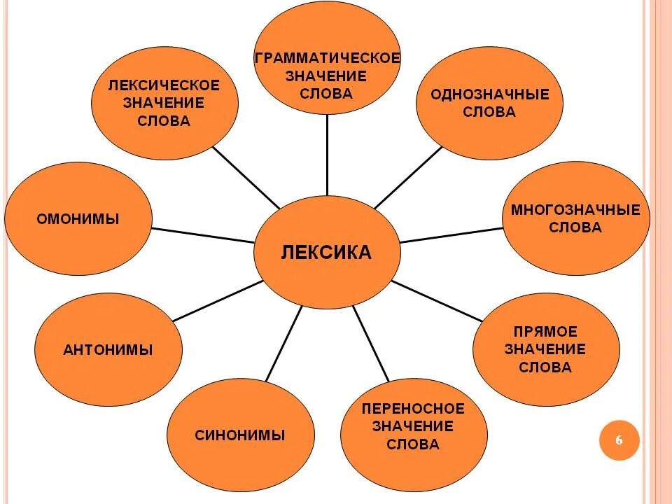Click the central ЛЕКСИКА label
pyautogui.click(x=326, y=253)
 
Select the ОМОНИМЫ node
pyautogui.click(x=78, y=219)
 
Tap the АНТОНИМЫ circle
pyautogui.click(x=108, y=350)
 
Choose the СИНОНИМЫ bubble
pyautogui.click(x=240, y=435)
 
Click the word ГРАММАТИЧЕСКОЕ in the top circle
pyautogui.click(x=328, y=57)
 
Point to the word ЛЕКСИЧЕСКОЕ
pyautogui.click(x=164, y=85)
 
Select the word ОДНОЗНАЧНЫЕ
pyautogui.click(x=490, y=94)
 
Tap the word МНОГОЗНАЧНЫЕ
pyautogui.click(x=575, y=209)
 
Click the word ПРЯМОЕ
pyautogui.click(x=545, y=331)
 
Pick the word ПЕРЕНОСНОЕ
pyautogui.click(x=413, y=408)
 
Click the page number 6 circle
pyautogui.click(x=619, y=440)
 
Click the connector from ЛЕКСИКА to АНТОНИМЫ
pyautogui.click(x=217, y=301)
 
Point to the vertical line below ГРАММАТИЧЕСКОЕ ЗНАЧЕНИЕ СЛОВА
pyautogui.click(x=327, y=154)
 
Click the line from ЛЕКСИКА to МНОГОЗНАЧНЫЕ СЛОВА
pyautogui.click(x=451, y=234)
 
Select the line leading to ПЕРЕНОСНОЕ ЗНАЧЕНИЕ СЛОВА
pyautogui.click(x=370, y=343)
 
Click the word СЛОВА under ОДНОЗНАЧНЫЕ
pyautogui.click(x=490, y=112)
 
